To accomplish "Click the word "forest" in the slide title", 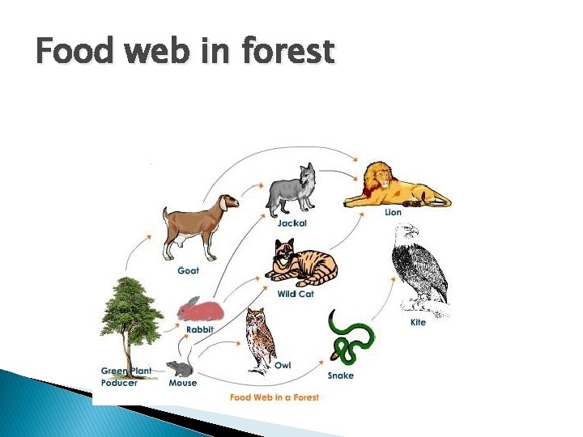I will click(287, 52).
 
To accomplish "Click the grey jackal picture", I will click(292, 190).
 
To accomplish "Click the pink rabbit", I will click(200, 309).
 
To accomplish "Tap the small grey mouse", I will click(180, 369).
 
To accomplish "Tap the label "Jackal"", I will click(291, 223).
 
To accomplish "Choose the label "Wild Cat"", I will click(295, 295).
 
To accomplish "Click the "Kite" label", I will click(418, 323).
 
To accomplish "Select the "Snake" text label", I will click(340, 375).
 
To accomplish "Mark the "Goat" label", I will click(188, 270).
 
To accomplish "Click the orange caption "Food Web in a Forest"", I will click(274, 397).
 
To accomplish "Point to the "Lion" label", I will click(393, 213).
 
